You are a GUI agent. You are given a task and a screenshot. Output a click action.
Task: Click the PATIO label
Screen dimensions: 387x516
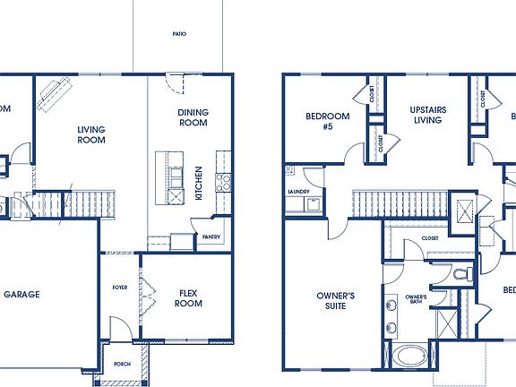pos(180,34)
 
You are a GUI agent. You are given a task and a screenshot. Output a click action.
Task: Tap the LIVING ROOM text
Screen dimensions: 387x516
pos(90,134)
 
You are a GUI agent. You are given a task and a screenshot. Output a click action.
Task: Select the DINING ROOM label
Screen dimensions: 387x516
pos(193,117)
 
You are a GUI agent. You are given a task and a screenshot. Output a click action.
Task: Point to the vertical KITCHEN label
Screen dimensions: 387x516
pos(199,183)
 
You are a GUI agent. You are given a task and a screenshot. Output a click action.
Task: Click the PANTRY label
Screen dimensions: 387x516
pos(211,237)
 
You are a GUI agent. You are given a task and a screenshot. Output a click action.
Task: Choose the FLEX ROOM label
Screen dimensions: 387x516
pos(189,297)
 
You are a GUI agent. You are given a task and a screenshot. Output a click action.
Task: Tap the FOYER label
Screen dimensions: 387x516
pos(119,288)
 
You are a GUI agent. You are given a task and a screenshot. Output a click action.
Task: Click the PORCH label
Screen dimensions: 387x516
pos(121,364)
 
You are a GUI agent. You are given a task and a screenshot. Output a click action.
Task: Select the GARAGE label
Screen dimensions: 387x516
pos(21,294)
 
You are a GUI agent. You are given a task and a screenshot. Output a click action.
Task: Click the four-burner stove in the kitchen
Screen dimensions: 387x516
pos(223,183)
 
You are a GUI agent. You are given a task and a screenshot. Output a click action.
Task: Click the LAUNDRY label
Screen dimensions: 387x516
pos(298,192)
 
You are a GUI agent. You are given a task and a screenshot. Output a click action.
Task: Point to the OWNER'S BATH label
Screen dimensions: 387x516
pos(415,299)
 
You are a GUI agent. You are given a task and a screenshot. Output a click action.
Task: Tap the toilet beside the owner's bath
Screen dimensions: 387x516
pos(459,273)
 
